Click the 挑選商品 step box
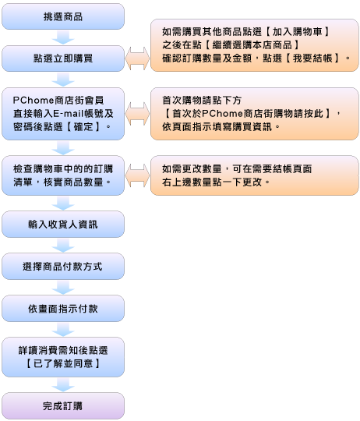click(x=63, y=16)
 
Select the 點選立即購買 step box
click(x=63, y=58)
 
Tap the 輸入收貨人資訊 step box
click(x=63, y=225)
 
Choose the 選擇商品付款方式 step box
click(x=63, y=267)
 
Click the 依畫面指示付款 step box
click(x=63, y=309)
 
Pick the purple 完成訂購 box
click(x=63, y=405)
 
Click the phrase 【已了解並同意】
click(x=63, y=363)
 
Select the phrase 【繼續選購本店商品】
click(x=252, y=45)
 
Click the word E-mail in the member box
click(x=69, y=114)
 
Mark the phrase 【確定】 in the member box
click(x=83, y=127)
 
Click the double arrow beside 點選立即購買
click(x=137, y=58)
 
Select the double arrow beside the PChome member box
click(x=137, y=114)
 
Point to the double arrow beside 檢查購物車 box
click(x=137, y=175)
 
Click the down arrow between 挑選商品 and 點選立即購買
click(x=63, y=37)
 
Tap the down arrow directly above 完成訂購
click(x=63, y=385)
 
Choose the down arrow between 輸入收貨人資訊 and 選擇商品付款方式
click(x=63, y=246)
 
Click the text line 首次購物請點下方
click(x=202, y=101)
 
